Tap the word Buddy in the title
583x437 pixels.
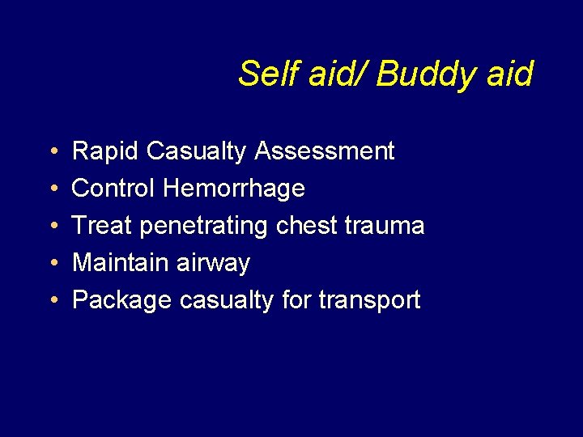coord(416,74)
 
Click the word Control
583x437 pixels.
coord(114,189)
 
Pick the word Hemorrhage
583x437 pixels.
coord(234,189)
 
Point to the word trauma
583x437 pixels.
coord(387,226)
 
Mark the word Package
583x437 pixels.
coord(122,301)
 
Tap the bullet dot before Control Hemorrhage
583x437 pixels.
coord(51,189)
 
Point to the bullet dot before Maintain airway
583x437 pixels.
coord(51,264)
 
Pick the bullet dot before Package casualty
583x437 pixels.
coord(51,301)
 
